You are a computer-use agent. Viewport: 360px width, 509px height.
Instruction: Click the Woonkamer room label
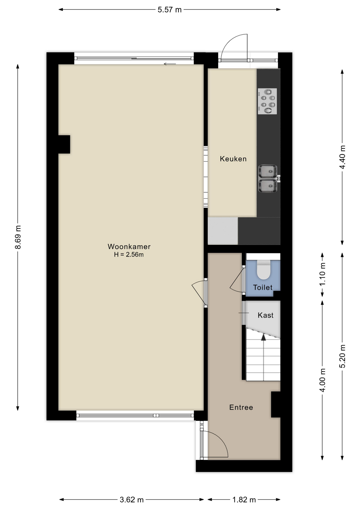pyautogui.click(x=129, y=247)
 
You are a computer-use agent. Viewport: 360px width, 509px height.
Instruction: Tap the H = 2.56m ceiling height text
pyautogui.click(x=129, y=255)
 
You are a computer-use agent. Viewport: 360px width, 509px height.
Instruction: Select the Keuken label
pyautogui.click(x=233, y=159)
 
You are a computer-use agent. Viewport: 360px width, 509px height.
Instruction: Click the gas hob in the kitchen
pyautogui.click(x=267, y=101)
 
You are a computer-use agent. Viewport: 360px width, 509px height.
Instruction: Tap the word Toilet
pyautogui.click(x=263, y=287)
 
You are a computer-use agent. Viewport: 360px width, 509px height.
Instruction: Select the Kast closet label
pyautogui.click(x=265, y=315)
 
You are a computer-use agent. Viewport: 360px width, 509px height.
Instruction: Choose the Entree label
pyautogui.click(x=241, y=407)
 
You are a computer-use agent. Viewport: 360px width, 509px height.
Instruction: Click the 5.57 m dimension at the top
pyautogui.click(x=169, y=10)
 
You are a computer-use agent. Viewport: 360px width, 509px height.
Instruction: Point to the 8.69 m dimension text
pyautogui.click(x=18, y=237)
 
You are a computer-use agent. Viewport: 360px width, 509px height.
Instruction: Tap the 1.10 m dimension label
pyautogui.click(x=322, y=274)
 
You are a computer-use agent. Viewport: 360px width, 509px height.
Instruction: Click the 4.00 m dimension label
pyautogui.click(x=322, y=380)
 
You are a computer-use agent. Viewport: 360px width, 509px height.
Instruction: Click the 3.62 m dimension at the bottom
pyautogui.click(x=131, y=500)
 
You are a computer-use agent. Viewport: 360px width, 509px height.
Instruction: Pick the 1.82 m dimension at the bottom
pyautogui.click(x=244, y=500)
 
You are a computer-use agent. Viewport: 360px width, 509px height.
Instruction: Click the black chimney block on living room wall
pyautogui.click(x=64, y=144)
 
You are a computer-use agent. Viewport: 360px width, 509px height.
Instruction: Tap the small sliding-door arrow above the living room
pyautogui.click(x=170, y=64)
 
